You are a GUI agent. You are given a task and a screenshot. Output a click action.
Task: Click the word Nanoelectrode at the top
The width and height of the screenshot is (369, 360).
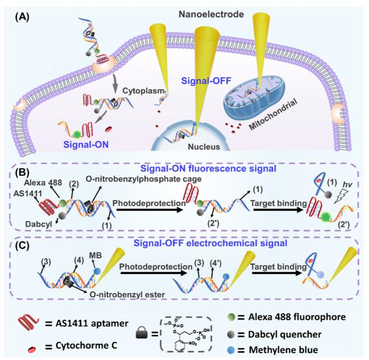211,14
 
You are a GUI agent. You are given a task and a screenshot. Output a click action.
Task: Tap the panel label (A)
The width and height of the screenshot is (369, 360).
22,17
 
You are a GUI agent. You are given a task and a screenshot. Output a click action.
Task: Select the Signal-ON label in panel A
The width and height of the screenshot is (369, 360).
86,144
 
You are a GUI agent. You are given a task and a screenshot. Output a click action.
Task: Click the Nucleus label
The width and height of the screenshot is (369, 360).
204,147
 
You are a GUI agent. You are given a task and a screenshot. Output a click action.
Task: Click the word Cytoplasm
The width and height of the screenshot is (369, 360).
143,91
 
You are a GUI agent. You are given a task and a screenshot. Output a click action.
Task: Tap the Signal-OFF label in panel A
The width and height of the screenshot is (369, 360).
206,81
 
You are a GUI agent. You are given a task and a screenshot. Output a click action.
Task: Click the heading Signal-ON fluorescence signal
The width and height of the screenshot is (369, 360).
208,168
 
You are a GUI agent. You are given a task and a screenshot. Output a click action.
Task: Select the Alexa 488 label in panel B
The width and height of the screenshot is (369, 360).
43,182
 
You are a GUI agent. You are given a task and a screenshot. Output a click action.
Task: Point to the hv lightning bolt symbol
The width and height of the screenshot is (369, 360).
341,197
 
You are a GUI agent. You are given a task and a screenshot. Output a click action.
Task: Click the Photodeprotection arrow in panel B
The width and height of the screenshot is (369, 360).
149,210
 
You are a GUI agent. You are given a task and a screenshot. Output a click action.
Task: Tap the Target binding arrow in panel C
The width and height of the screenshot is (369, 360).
277,273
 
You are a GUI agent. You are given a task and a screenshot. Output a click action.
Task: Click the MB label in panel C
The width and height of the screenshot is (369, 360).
95,255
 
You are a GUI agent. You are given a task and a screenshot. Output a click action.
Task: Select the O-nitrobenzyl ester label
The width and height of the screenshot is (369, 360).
127,295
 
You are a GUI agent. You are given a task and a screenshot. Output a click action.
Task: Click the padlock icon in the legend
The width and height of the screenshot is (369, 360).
142,333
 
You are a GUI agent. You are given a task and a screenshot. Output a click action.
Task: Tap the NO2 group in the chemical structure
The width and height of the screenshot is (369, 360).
192,344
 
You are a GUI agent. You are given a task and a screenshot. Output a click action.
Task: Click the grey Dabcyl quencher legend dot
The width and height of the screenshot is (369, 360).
231,334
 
